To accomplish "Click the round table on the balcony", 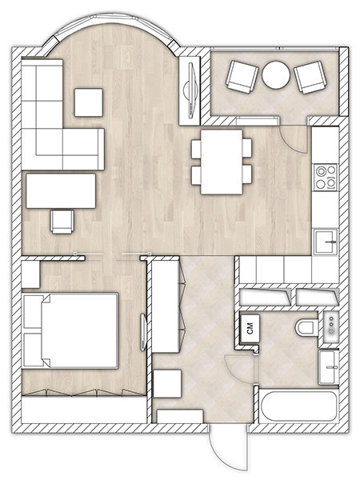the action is pos(276,75).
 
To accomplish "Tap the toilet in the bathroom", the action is pos(307,327).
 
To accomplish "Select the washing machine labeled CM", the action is pos(250,329).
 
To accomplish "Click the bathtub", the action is pos(298,406).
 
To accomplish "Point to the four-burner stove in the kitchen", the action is pos(326,177).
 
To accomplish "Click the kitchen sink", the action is pos(326,242).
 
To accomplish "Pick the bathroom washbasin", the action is pos(328,366).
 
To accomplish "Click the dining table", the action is pos(222,162).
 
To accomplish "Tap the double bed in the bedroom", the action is pos(70,330).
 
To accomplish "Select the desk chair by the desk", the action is pos(62,222).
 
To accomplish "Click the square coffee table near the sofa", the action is pos(89,102).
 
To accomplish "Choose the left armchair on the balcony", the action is pos(242,77).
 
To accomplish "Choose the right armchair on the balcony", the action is pos(310,77).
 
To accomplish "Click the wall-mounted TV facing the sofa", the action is pos(190,90).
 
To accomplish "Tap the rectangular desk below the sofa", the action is pos(61,190).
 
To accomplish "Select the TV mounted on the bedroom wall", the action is pos(143,333).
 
